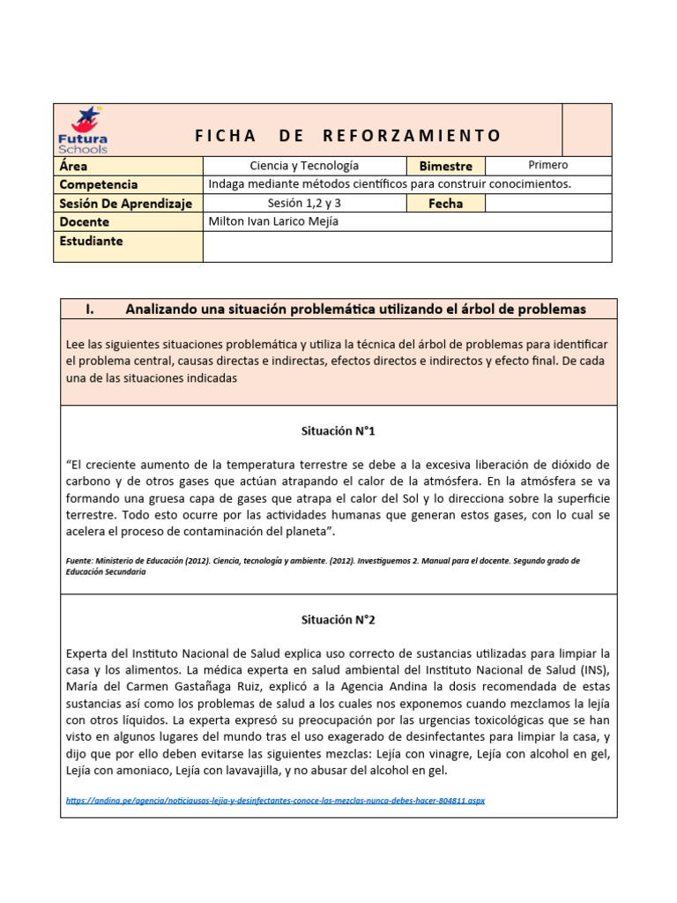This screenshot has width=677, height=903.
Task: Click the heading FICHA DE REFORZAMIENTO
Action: click(347, 136)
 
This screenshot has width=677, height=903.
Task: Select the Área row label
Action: click(73, 166)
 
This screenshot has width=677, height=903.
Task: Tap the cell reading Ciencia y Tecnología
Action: click(304, 166)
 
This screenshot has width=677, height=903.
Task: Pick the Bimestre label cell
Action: click(446, 166)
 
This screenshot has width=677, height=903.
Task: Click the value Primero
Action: click(547, 165)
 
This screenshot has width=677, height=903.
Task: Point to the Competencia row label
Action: click(98, 184)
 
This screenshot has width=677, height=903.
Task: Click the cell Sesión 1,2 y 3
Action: click(304, 204)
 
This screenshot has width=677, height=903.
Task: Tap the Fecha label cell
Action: click(445, 204)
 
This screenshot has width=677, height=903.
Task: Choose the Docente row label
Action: click(85, 222)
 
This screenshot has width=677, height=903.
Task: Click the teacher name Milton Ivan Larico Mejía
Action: click(273, 222)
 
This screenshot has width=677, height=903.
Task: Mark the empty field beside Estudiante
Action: click(406, 246)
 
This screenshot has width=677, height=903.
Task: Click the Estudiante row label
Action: click(91, 241)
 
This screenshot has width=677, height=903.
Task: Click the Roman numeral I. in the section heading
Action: click(90, 309)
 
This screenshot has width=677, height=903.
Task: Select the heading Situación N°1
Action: click(338, 431)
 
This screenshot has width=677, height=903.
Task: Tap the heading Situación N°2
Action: click(338, 620)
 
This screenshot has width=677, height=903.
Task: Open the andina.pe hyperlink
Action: click(275, 801)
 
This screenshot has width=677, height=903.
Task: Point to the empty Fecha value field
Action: click(547, 204)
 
